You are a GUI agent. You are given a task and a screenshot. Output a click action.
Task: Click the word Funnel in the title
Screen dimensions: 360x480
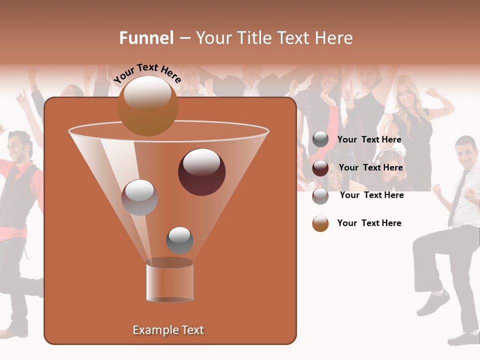pos(146,38)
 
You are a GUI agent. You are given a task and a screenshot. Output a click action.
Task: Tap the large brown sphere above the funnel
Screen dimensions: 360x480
pos(147,105)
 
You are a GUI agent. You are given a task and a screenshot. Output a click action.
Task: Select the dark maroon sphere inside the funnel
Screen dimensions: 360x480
pos(201,172)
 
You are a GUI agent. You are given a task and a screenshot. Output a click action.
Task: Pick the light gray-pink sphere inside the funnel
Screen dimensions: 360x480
pos(139,197)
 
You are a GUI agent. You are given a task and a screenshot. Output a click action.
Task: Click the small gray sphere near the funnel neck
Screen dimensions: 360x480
pos(179,240)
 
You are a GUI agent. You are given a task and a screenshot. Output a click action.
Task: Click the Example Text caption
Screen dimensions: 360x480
pos(168,330)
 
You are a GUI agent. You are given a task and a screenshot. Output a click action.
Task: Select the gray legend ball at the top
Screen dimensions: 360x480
pos(320,139)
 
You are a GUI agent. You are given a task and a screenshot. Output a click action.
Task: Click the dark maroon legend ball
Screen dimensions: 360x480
pos(320,168)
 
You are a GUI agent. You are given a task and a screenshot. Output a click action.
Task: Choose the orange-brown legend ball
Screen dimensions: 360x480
pos(320,223)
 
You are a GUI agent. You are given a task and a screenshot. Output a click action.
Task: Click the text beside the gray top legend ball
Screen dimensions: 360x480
pos(369,140)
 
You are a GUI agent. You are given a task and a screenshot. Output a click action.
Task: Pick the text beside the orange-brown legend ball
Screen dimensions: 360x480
pos(369,223)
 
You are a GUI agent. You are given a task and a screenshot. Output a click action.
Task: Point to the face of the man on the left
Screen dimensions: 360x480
pos(20,147)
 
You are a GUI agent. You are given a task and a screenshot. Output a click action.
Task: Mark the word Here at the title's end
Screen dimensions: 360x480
pos(334,38)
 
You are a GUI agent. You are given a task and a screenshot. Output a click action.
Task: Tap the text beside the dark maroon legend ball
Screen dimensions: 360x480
pos(370,168)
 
